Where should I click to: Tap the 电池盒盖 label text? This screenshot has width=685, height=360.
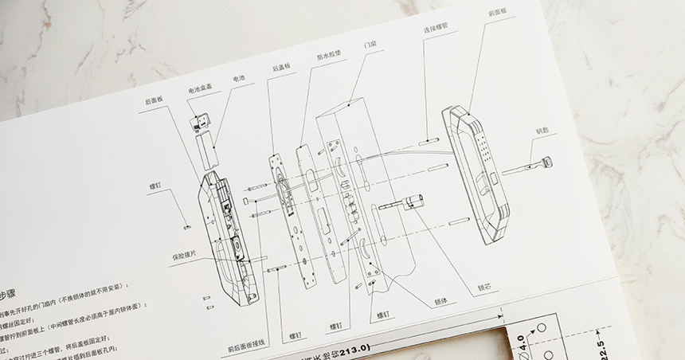[199, 91]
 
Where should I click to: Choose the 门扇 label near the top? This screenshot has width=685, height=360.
[369, 45]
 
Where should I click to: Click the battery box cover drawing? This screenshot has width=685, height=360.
[199, 123]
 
